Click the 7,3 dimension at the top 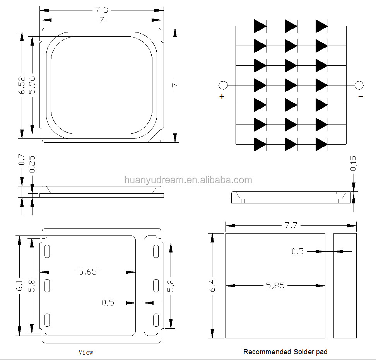[x=101, y=10]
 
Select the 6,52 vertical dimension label [x=22, y=85]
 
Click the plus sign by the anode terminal [x=222, y=96]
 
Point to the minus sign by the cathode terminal [x=361, y=96]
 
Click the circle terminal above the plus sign [x=223, y=85]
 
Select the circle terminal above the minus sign [x=359, y=85]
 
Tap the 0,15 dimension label [x=353, y=163]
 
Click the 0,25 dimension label [x=32, y=164]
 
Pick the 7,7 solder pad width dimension [x=291, y=225]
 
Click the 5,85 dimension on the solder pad [x=275, y=286]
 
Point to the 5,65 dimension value [x=87, y=272]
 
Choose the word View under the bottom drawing [x=86, y=352]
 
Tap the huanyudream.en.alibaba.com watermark [x=188, y=180]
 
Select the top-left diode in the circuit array [x=260, y=26]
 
